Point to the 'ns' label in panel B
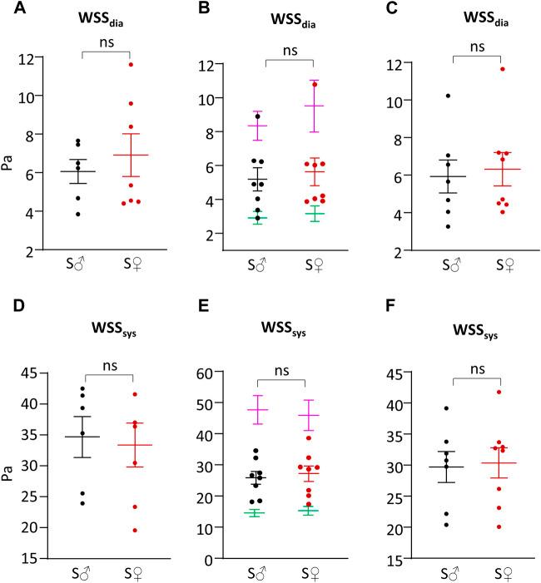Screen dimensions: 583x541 pyautogui.click(x=289, y=51)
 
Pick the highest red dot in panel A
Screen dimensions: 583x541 pyautogui.click(x=131, y=64)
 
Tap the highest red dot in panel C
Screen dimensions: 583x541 pyautogui.click(x=502, y=69)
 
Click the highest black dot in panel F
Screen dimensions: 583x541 pyautogui.click(x=447, y=408)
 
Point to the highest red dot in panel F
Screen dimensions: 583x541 pyautogui.click(x=501, y=392)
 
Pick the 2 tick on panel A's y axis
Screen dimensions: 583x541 pyautogui.click(x=28, y=250)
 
